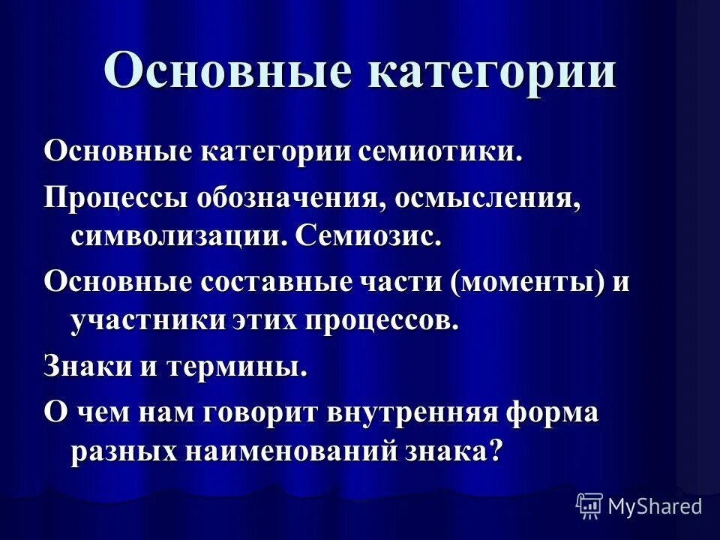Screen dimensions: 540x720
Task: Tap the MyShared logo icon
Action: click(x=589, y=506)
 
